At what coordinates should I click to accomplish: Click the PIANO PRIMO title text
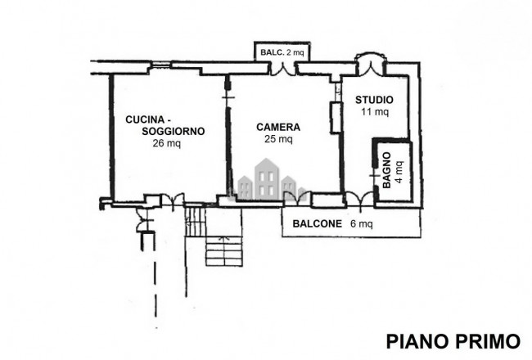pos(453,341)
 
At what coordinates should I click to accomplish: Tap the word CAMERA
pos(278,128)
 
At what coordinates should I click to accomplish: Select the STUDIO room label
pos(374,100)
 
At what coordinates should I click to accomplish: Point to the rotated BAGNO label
pos(387,170)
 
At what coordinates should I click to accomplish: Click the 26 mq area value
pos(167,143)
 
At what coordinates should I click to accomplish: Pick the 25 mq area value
pos(278,139)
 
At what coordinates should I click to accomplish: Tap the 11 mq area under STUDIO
pos(375,111)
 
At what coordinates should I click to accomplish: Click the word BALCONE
pos(318,224)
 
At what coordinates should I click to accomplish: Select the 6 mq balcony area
pos(362,224)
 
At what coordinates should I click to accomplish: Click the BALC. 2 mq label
pos(282,52)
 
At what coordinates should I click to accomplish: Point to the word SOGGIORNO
pos(173,131)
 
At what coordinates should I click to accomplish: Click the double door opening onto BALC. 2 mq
pos(283,68)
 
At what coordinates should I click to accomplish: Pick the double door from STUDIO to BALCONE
pos(359,199)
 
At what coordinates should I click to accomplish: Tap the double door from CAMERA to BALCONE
pos(297,198)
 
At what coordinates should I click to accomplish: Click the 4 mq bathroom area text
pos(399,171)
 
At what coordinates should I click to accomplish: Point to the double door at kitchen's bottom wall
pos(172,200)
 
